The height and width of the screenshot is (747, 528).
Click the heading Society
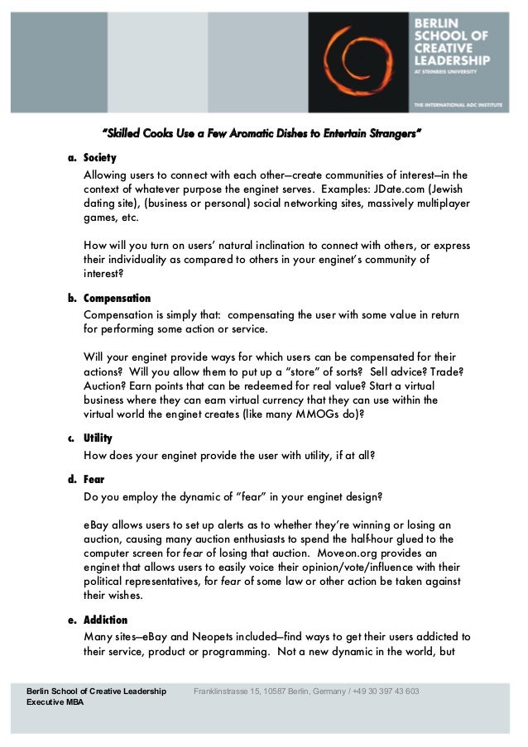tap(100, 158)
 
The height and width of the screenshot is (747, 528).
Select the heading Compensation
tap(118, 299)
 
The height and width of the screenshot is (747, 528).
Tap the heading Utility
tap(98, 438)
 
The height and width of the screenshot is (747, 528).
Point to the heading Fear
tap(94, 479)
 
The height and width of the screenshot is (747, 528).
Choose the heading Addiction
tap(106, 620)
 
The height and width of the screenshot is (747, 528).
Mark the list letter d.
tap(71, 479)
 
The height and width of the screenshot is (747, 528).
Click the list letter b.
tap(71, 299)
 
